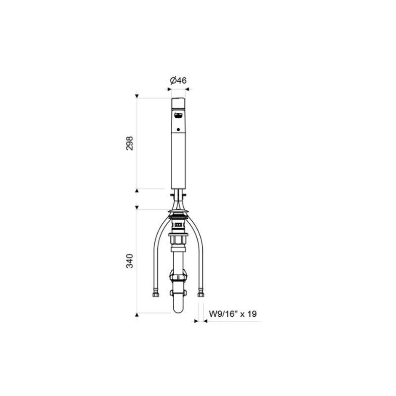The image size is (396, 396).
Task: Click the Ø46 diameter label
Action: pyautogui.click(x=178, y=81)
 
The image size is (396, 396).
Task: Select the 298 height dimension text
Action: pyautogui.click(x=129, y=143)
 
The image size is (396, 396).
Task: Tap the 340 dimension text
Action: pyautogui.click(x=129, y=261)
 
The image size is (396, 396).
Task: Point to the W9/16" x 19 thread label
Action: pyautogui.click(x=233, y=314)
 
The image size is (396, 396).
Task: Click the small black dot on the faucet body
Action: pyautogui.click(x=179, y=130)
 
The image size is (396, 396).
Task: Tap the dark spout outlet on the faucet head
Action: pyautogui.click(x=179, y=115)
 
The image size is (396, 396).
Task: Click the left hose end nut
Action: pyautogui.click(x=155, y=295)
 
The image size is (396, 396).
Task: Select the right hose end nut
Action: pyautogui.click(x=201, y=295)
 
